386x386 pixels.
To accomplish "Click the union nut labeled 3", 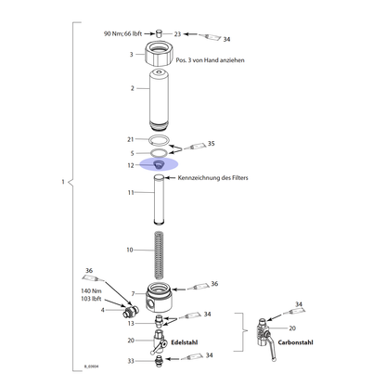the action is tap(159, 54).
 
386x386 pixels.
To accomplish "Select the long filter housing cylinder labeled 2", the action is tap(159, 100).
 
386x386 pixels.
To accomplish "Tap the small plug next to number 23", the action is tap(159, 33).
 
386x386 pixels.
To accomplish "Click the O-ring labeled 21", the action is tap(159, 140).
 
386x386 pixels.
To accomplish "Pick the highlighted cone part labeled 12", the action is tap(159, 164).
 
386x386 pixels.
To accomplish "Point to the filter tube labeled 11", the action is tap(159, 199).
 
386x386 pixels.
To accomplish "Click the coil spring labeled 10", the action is tap(159, 255).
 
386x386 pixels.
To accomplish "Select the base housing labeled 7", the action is tap(159, 297).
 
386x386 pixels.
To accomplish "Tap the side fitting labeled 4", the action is tap(130, 311).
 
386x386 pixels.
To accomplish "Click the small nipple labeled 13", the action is tap(159, 321).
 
